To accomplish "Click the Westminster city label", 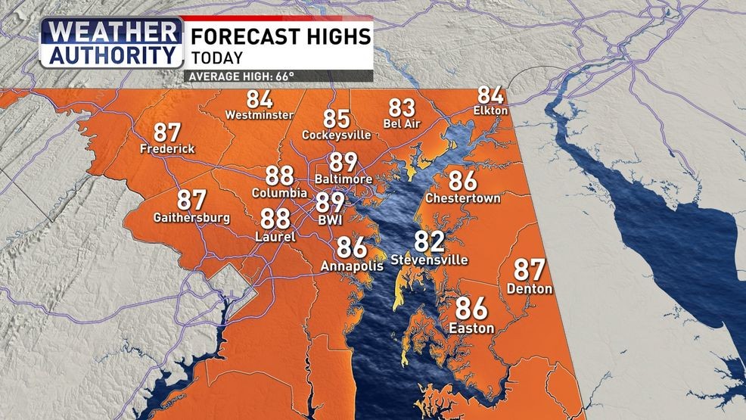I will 260,115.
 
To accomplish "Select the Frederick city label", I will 167,149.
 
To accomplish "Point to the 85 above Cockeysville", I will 337,119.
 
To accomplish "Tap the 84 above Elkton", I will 490,96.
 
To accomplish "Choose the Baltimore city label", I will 343,179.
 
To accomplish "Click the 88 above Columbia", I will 279,176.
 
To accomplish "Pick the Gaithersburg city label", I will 191,217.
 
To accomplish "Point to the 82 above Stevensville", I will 429,242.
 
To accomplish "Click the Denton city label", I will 530,289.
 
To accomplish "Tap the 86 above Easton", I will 471,309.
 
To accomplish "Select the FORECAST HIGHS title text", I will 280,36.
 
